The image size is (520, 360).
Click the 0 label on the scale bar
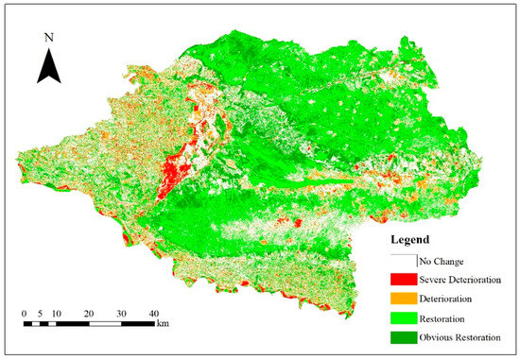pos(25,312)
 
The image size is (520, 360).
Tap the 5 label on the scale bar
pos(41,312)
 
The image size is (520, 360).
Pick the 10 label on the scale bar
pos(56,312)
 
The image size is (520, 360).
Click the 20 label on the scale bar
pos(88,312)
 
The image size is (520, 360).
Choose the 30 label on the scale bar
pos(121,312)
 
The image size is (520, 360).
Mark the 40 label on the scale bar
pos(153,312)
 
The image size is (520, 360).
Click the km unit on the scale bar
pos(163,323)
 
